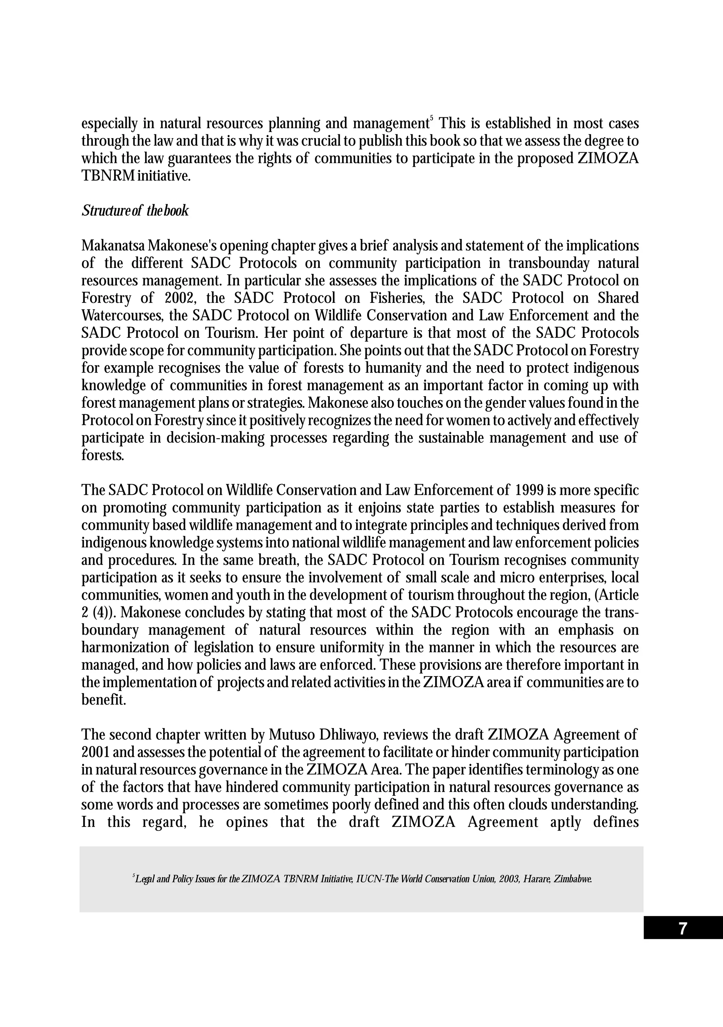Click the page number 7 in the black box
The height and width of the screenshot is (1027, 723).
click(x=682, y=929)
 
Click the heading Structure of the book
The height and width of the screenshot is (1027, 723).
click(x=135, y=211)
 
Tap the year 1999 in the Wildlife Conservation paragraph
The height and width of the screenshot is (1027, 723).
click(x=529, y=490)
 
